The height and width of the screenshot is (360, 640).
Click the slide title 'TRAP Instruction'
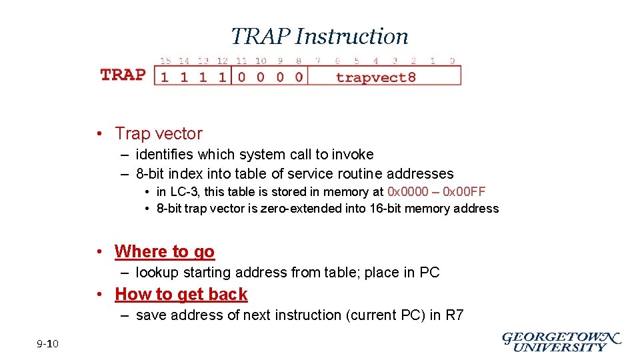pyautogui.click(x=319, y=36)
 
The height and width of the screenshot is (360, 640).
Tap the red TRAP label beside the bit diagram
pyautogui.click(x=123, y=74)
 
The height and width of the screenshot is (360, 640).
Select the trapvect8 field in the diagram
pyautogui.click(x=376, y=77)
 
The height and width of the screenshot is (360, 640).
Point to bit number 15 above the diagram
pyautogui.click(x=165, y=61)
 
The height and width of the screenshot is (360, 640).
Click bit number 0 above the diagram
pyautogui.click(x=452, y=61)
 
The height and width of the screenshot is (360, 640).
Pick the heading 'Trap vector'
pyautogui.click(x=158, y=133)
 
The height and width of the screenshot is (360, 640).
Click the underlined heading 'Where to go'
pyautogui.click(x=165, y=251)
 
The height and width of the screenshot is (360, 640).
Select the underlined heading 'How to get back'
pyautogui.click(x=181, y=294)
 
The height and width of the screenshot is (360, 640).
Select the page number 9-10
pyautogui.click(x=48, y=344)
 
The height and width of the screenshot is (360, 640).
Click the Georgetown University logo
pyautogui.click(x=561, y=342)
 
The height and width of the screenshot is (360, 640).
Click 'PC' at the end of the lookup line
pyautogui.click(x=429, y=273)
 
